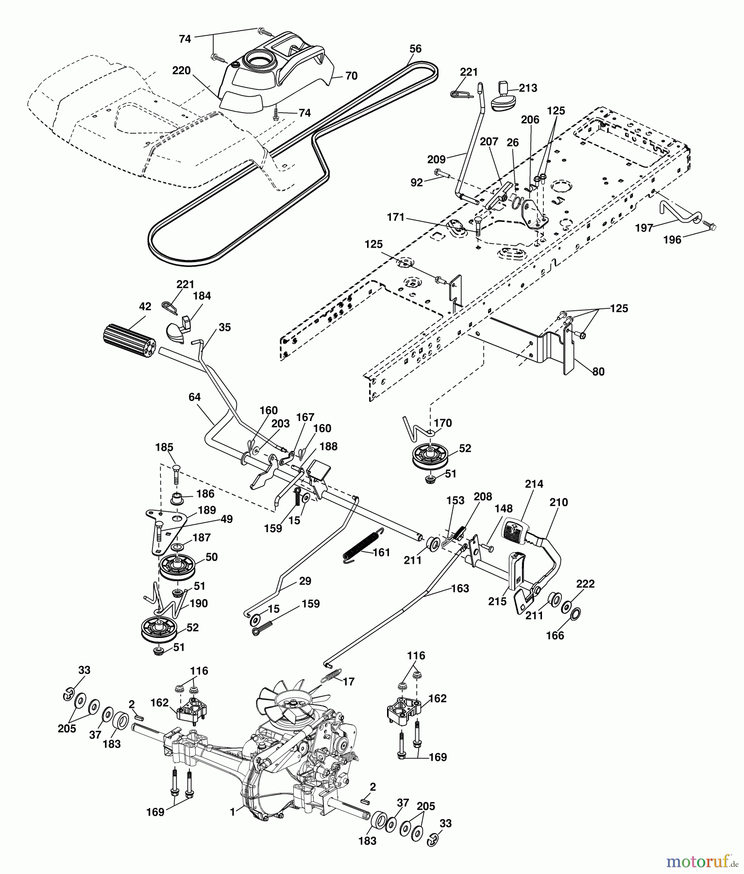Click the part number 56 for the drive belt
click(415, 49)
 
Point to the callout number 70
click(351, 76)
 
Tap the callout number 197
click(644, 228)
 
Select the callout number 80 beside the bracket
click(598, 371)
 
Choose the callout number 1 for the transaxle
click(233, 811)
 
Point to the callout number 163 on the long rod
click(460, 588)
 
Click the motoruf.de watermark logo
click(702, 861)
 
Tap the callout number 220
click(181, 71)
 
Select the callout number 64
click(194, 397)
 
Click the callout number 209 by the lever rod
click(437, 159)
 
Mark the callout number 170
click(443, 423)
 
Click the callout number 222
click(585, 584)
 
